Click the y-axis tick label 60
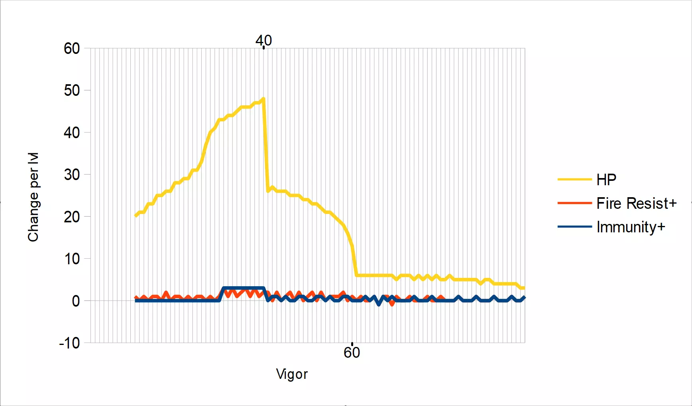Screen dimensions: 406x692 click(x=72, y=49)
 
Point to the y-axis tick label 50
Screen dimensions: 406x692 click(x=72, y=91)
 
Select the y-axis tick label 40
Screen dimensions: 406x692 click(x=72, y=133)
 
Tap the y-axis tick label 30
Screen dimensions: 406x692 click(x=72, y=174)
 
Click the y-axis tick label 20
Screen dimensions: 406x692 click(x=72, y=217)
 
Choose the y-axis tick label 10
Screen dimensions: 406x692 click(x=72, y=259)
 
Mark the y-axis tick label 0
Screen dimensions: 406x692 click(x=76, y=301)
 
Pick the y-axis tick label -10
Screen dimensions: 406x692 click(x=69, y=343)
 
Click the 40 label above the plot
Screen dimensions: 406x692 click(x=263, y=40)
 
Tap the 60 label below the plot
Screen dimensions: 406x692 click(x=352, y=353)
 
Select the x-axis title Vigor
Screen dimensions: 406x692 click(x=292, y=374)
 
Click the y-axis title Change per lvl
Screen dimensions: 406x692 click(x=33, y=197)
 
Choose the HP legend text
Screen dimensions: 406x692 click(x=606, y=180)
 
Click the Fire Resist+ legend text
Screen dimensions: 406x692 click(x=637, y=203)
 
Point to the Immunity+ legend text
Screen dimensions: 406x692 click(x=631, y=227)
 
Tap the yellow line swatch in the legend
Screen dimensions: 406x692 click(x=574, y=180)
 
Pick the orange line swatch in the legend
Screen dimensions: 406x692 click(x=574, y=203)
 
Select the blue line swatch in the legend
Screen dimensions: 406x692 click(x=574, y=227)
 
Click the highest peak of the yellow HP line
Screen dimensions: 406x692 click(x=263, y=98)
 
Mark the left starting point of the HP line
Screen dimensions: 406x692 click(x=136, y=216)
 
